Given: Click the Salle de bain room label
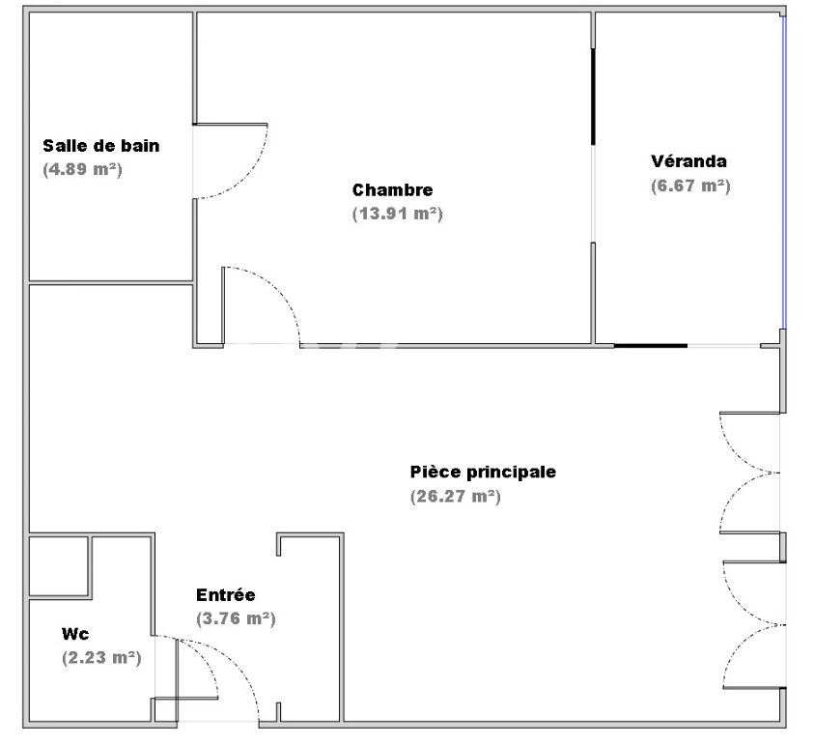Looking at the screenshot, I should pos(100,146).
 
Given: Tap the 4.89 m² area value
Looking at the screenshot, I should pos(82,168).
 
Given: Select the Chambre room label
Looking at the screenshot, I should pos(392,190).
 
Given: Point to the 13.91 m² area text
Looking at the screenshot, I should pos(397,214).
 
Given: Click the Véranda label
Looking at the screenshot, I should pos(688,161).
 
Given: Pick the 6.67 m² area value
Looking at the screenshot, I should pos(689,186).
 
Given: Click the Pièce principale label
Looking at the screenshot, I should pos(483,473).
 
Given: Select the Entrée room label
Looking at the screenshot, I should pos(225,595).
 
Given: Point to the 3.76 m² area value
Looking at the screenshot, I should pos(235,618).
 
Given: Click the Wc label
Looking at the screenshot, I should pos(75,634).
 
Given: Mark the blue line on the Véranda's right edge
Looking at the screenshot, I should pos(783,174).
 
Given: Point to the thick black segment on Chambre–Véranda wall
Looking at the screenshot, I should pos(592,97).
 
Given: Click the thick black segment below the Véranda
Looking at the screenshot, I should pos(650,345).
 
